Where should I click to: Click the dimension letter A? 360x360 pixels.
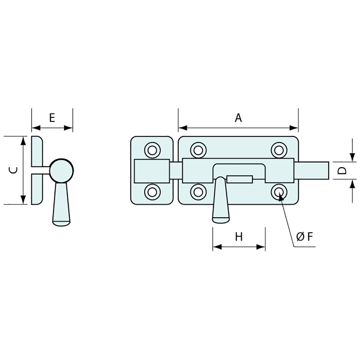(x=239, y=118)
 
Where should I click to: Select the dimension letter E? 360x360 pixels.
(x=52, y=118)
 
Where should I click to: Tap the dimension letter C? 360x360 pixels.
(x=13, y=170)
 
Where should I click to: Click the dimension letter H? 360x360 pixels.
(x=239, y=237)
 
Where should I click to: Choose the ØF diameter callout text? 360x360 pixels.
(x=305, y=237)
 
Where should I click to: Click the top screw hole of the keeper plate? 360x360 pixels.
(x=152, y=151)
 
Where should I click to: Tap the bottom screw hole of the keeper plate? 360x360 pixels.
(x=152, y=192)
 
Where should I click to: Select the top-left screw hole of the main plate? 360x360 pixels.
(x=198, y=151)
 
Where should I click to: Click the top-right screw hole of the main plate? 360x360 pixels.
(x=279, y=151)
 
